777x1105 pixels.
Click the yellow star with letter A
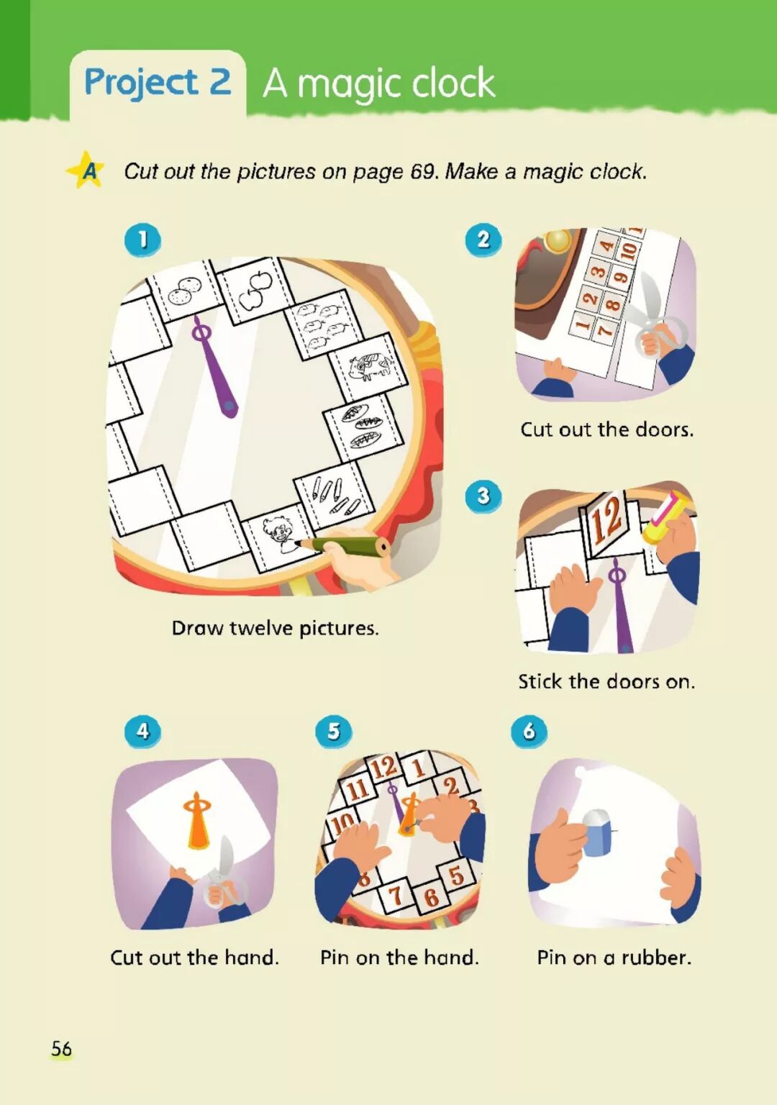click(86, 170)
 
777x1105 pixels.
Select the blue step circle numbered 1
click(142, 240)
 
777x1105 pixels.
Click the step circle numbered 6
click(528, 730)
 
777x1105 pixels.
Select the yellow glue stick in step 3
click(666, 519)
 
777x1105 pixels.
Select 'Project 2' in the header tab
click(158, 82)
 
